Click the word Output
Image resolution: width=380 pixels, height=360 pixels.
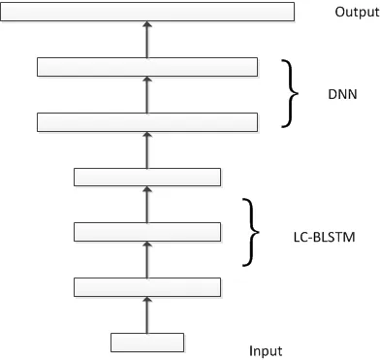click(x=353, y=12)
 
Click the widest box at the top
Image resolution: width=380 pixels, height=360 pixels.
click(x=147, y=12)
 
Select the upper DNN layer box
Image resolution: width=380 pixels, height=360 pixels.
click(x=147, y=67)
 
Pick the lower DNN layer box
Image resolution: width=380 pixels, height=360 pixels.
click(x=147, y=122)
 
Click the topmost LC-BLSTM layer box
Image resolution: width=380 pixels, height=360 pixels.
click(x=147, y=177)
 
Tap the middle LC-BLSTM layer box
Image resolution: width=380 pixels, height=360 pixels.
click(x=147, y=231)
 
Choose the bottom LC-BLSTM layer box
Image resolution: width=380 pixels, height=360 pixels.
click(x=147, y=286)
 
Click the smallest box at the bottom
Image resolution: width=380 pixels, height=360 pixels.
click(x=147, y=342)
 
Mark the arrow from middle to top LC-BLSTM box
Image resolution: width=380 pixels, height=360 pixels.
click(x=147, y=204)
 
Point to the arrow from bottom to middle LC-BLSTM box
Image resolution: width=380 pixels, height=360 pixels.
click(x=147, y=259)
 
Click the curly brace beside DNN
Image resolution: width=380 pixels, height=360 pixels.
click(x=288, y=94)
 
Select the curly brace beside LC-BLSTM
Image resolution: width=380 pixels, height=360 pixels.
click(x=255, y=232)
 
